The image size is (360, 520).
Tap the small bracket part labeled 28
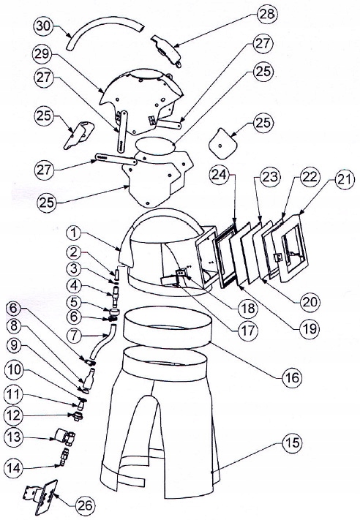pyautogui.click(x=167, y=50)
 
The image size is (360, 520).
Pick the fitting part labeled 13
pyautogui.click(x=62, y=439)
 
